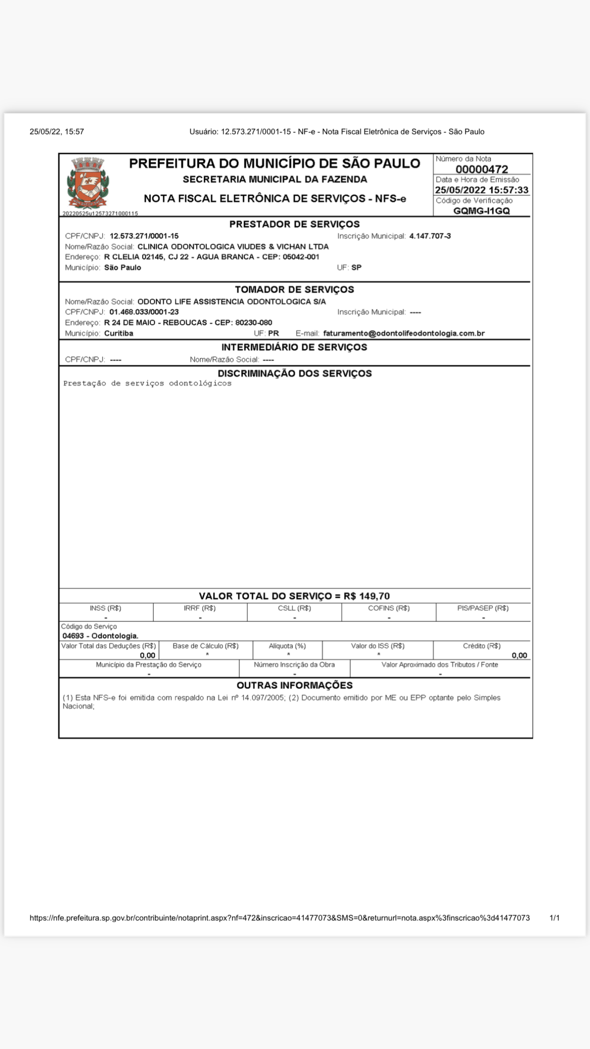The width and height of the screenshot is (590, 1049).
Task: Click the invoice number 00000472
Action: (482, 169)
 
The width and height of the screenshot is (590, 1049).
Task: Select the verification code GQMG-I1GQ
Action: (482, 211)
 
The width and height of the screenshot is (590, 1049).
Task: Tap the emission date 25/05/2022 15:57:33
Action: (482, 190)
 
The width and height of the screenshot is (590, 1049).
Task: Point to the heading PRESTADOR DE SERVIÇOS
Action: (295, 224)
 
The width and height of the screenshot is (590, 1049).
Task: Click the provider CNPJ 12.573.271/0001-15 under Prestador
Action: (144, 236)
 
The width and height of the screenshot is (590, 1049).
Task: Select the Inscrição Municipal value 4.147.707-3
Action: (430, 236)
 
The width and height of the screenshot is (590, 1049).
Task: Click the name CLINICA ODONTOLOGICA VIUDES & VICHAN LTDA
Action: (233, 247)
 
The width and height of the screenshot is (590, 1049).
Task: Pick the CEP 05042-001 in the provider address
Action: (301, 257)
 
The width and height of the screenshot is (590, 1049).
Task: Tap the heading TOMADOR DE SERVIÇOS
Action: (295, 290)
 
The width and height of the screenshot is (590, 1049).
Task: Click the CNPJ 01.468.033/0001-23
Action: (144, 312)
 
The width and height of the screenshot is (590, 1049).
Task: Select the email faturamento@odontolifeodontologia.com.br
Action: (404, 334)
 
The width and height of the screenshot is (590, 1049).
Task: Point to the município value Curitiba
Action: (119, 334)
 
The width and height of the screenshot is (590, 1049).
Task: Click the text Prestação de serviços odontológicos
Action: (147, 383)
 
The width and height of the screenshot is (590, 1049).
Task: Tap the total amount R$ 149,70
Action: (367, 596)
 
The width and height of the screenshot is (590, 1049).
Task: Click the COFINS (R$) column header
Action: (389, 608)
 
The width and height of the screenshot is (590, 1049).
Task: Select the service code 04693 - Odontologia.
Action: (100, 636)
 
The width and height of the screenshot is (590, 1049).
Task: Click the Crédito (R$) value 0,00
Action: (519, 656)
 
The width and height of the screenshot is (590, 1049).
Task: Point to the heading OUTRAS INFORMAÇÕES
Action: (295, 686)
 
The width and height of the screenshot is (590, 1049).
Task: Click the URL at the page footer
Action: (279, 918)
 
